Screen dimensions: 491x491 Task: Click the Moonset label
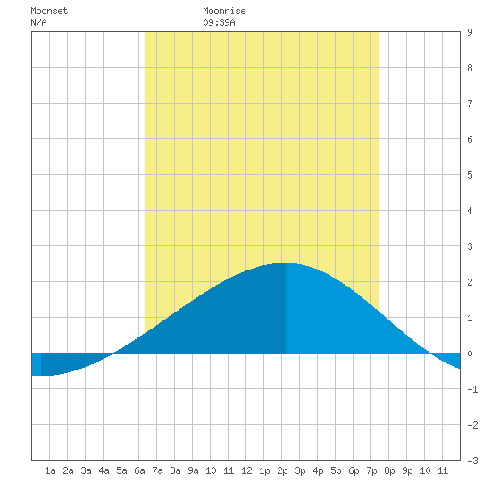click(x=49, y=11)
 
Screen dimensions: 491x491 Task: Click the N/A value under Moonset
click(x=38, y=22)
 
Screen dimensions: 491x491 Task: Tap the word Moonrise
click(x=224, y=11)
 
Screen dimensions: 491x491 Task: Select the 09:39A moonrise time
click(x=219, y=22)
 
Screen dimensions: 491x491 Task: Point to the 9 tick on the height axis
click(x=470, y=32)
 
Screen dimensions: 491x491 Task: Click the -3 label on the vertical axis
click(x=472, y=461)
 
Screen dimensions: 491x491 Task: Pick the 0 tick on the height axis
click(x=470, y=354)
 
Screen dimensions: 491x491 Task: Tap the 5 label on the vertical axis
click(x=470, y=175)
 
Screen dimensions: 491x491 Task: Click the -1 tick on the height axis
click(x=472, y=389)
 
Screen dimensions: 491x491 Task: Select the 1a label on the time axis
click(x=50, y=470)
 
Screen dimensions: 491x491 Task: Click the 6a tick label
click(x=139, y=470)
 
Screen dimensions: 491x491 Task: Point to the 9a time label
click(x=193, y=470)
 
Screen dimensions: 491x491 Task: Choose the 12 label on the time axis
click(x=246, y=470)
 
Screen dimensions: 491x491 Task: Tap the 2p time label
click(x=282, y=470)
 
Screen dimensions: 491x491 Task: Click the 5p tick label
click(x=336, y=470)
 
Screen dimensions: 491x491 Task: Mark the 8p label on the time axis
click(x=389, y=470)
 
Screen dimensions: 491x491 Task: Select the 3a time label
click(x=86, y=470)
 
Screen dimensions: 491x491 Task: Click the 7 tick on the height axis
click(x=470, y=104)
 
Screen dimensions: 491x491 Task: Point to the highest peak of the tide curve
click(x=286, y=263)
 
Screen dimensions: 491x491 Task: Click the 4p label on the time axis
click(x=318, y=470)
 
